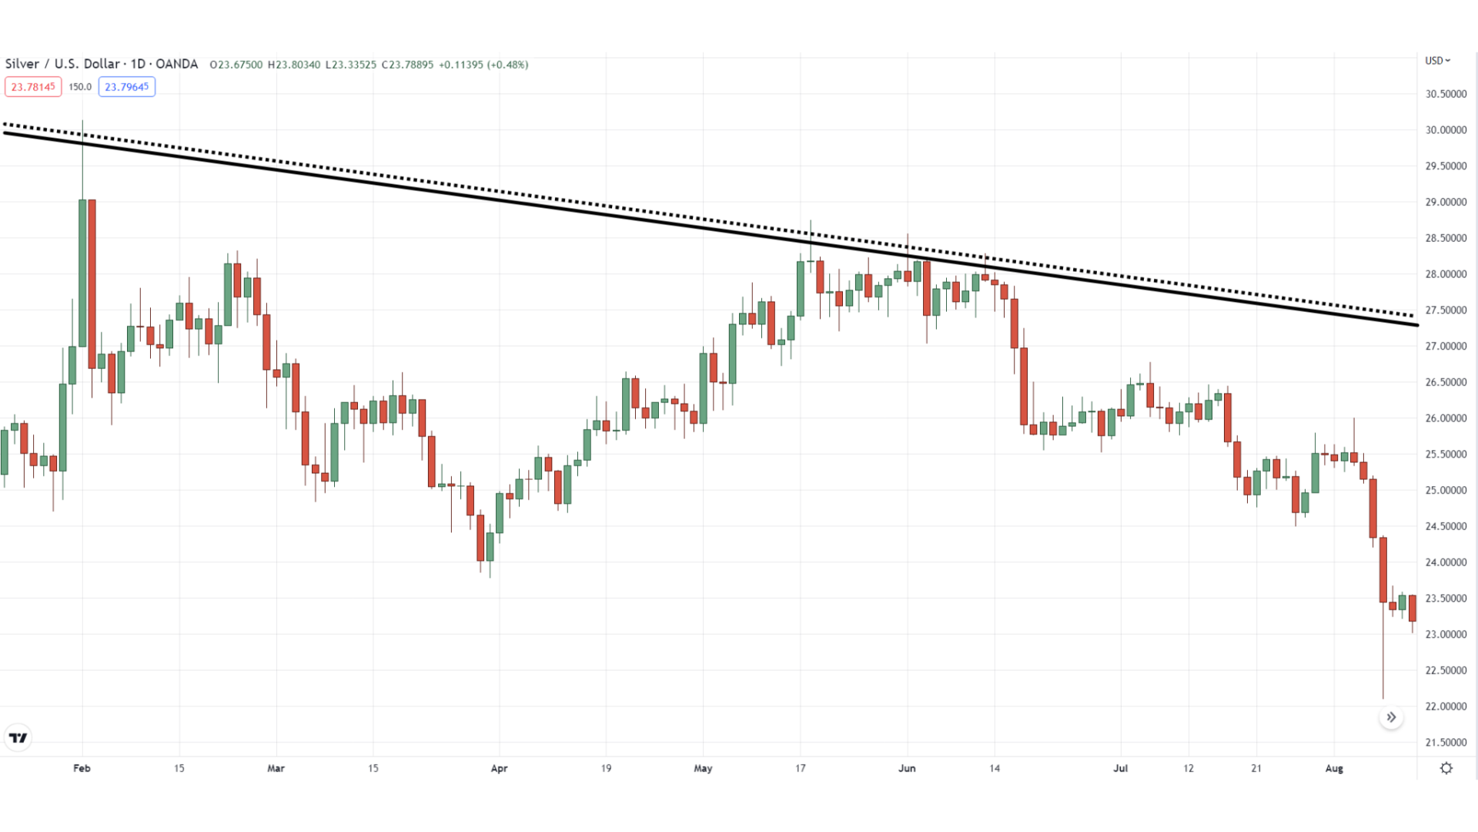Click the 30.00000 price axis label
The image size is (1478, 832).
point(1446,130)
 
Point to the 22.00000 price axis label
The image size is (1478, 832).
point(1446,706)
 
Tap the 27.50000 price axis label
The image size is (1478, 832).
point(1446,310)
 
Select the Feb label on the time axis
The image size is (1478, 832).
point(82,768)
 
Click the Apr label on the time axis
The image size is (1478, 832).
point(499,768)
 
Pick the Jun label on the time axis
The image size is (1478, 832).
point(907,768)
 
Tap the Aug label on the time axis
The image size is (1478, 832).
point(1334,768)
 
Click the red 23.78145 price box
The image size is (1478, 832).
point(33,87)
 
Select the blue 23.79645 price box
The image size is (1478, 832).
point(127,87)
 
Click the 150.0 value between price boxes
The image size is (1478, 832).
point(80,87)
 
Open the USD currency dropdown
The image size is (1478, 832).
point(1437,61)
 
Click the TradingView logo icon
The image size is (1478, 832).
point(18,738)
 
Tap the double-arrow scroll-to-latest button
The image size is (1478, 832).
point(1391,717)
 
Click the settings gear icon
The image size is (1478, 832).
point(1446,768)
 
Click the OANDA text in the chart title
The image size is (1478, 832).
point(176,64)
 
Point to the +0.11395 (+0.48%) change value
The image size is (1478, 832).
point(483,65)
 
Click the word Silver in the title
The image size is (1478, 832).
point(22,64)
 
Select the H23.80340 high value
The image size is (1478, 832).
point(294,65)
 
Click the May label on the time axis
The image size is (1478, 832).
point(703,768)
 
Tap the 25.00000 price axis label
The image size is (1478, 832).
point(1446,491)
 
